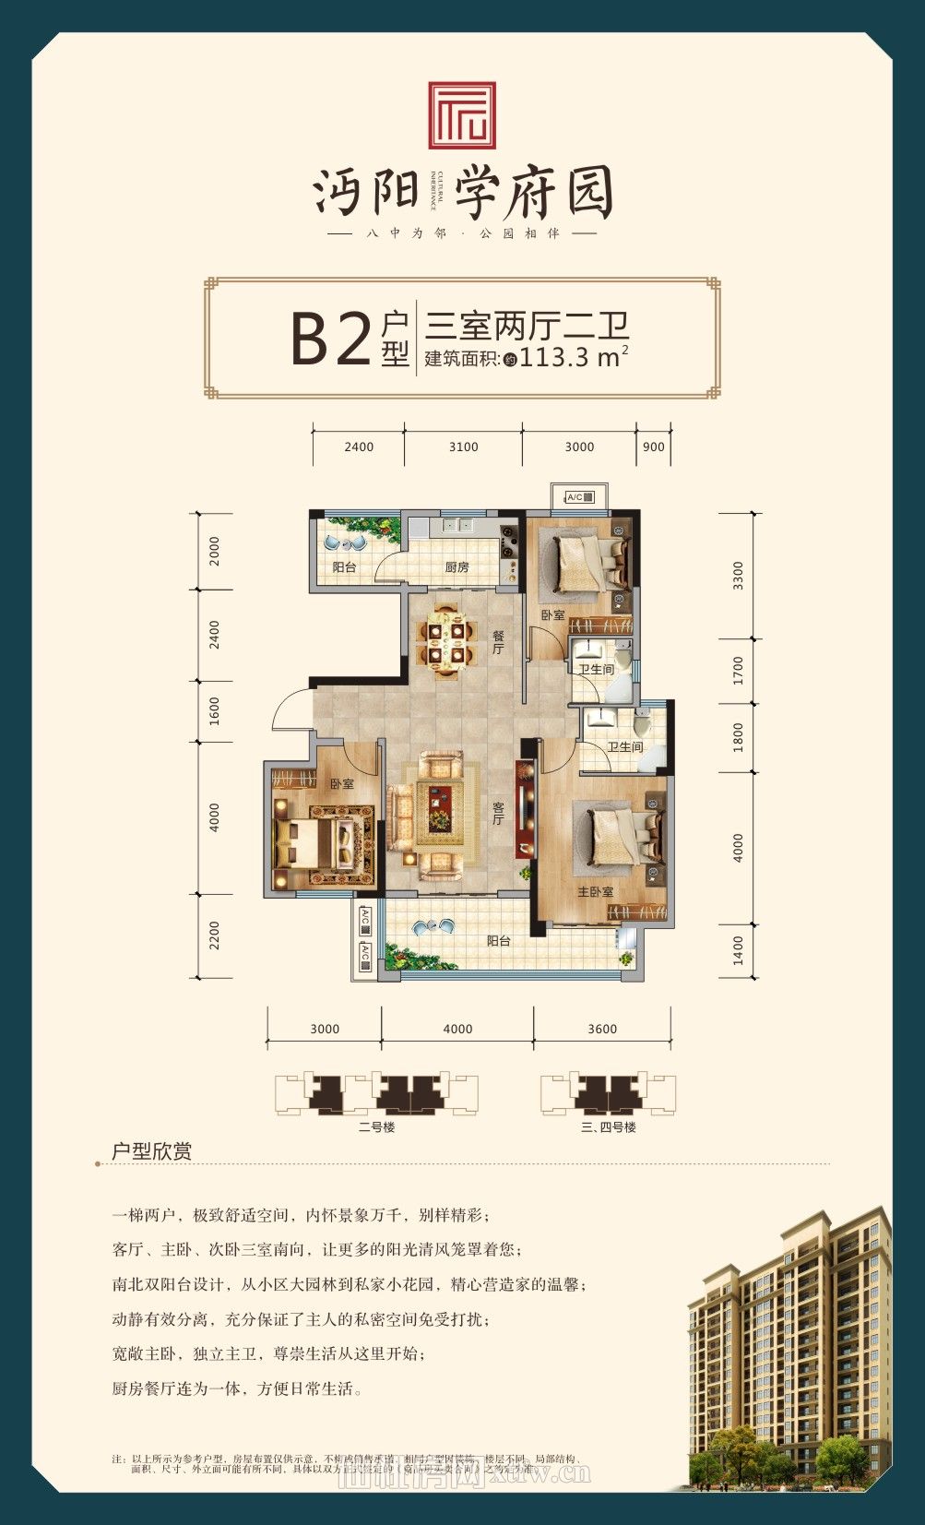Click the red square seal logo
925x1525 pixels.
click(461, 115)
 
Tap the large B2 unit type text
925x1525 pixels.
click(330, 339)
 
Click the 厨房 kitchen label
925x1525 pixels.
click(457, 566)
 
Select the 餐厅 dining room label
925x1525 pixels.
click(498, 642)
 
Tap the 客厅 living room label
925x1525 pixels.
click(498, 812)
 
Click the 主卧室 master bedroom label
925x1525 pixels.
click(596, 892)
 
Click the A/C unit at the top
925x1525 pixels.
click(579, 497)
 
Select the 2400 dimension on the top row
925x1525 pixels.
click(359, 447)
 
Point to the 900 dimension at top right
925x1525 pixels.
click(653, 447)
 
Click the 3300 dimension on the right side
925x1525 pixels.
click(737, 576)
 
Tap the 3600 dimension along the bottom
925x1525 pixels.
click(602, 1029)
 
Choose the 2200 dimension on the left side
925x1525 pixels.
click(215, 935)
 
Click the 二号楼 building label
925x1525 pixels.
click(376, 1126)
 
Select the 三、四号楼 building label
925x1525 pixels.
click(609, 1126)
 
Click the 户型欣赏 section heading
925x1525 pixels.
click(151, 1151)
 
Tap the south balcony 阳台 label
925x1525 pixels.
click(498, 941)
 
